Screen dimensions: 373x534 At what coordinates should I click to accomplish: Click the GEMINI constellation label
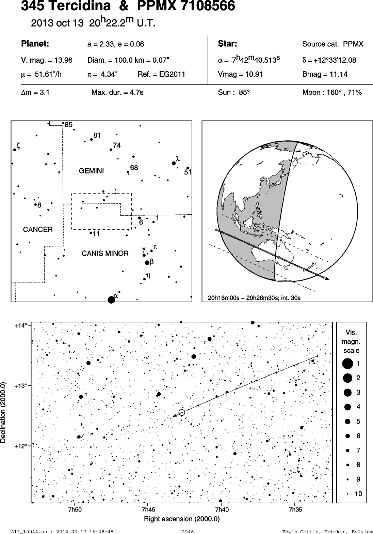[x=92, y=171]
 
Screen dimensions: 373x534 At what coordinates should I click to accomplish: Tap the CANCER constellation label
[x=38, y=229]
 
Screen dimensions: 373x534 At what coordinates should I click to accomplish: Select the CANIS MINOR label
[x=105, y=253]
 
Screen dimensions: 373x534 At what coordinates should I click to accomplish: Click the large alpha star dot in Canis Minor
[x=111, y=300]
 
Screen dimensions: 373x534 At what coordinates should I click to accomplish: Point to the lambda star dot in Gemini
[x=174, y=163]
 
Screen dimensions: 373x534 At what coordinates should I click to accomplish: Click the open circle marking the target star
[x=182, y=412]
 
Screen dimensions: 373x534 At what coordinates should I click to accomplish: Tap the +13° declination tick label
[x=21, y=386]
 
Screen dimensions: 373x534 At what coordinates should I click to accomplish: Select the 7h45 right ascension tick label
[x=148, y=509]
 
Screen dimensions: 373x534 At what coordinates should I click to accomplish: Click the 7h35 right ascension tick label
[x=295, y=509]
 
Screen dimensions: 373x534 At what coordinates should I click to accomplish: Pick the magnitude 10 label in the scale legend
[x=358, y=494]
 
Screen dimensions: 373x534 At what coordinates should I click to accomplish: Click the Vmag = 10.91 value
[x=240, y=74]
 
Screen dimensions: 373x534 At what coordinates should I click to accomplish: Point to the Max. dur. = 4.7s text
[x=117, y=92]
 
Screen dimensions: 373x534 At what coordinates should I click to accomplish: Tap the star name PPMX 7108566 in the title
[x=186, y=6]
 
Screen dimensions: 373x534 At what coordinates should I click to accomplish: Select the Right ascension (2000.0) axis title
[x=182, y=519]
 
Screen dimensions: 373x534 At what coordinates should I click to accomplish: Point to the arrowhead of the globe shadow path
[x=327, y=278]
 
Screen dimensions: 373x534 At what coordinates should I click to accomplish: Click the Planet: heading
[x=35, y=44]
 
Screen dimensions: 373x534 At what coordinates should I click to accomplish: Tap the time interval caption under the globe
[x=254, y=298]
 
